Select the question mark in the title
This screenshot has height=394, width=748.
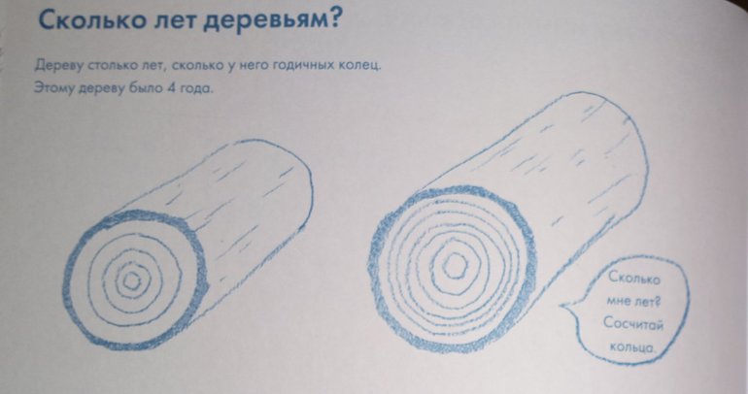[335, 18]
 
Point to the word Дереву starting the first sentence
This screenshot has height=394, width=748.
[58, 66]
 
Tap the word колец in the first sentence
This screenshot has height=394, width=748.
[359, 65]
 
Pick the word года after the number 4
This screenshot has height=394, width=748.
[195, 89]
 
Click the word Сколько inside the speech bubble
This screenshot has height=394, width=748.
[634, 279]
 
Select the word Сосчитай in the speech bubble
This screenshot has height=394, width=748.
[633, 323]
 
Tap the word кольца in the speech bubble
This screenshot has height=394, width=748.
[632, 346]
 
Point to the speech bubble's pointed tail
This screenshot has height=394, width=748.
[561, 306]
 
